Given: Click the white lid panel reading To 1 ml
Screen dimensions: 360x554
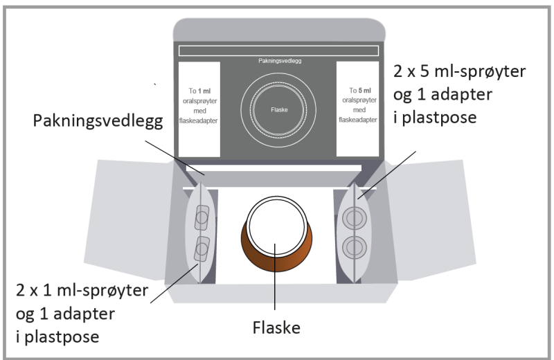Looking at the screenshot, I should [199, 109].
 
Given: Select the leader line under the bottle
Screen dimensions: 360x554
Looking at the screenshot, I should [276, 291].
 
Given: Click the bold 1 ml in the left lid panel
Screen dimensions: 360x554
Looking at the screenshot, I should [204, 90].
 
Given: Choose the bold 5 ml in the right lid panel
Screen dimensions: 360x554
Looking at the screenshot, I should [361, 90].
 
